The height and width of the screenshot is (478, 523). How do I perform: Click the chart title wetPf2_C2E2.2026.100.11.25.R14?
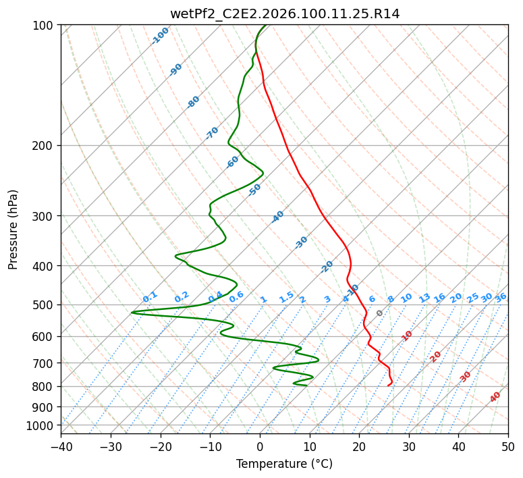[284, 14]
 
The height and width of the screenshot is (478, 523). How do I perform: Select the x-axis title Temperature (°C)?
[284, 464]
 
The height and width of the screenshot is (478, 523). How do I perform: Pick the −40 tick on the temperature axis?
[61, 446]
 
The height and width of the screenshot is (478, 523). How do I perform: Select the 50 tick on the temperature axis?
[508, 446]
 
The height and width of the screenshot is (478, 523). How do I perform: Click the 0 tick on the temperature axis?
[260, 446]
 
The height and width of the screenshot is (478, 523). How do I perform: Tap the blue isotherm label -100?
[160, 36]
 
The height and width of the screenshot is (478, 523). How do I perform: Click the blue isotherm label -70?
[212, 133]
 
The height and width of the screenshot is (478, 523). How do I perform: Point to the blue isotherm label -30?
[301, 242]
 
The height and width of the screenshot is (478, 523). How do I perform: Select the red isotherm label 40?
[495, 397]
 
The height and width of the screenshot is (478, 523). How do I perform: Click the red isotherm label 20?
[435, 356]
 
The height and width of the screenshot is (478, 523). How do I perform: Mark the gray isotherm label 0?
[379, 313]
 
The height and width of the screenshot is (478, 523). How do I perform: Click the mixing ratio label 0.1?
[150, 297]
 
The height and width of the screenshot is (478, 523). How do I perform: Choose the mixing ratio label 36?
[501, 297]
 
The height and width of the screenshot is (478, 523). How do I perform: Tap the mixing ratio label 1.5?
[286, 297]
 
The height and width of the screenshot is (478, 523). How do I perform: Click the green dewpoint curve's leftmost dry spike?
[132, 313]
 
